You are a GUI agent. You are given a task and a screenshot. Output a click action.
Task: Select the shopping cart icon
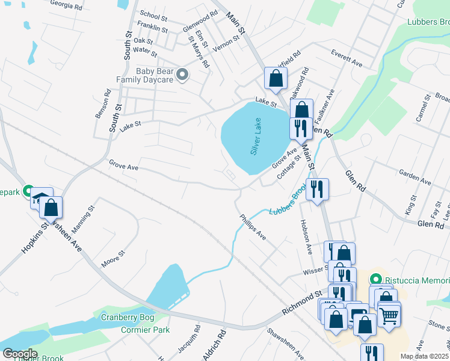coord(389,313)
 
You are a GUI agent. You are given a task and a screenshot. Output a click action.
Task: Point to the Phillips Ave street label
coord(253,227)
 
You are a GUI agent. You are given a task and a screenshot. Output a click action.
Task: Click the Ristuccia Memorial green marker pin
coord(377,280)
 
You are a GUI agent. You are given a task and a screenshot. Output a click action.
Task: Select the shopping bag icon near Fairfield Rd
coord(276,78)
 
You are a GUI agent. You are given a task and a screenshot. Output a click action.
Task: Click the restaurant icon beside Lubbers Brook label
coord(317,189)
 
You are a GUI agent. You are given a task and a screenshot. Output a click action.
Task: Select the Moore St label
coord(112,258)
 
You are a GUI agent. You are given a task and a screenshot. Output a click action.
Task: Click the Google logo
coord(19,354)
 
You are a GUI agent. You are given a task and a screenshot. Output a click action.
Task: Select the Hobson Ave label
coord(304,235)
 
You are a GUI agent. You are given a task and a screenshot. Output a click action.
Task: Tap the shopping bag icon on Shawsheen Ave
coord(52,208)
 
